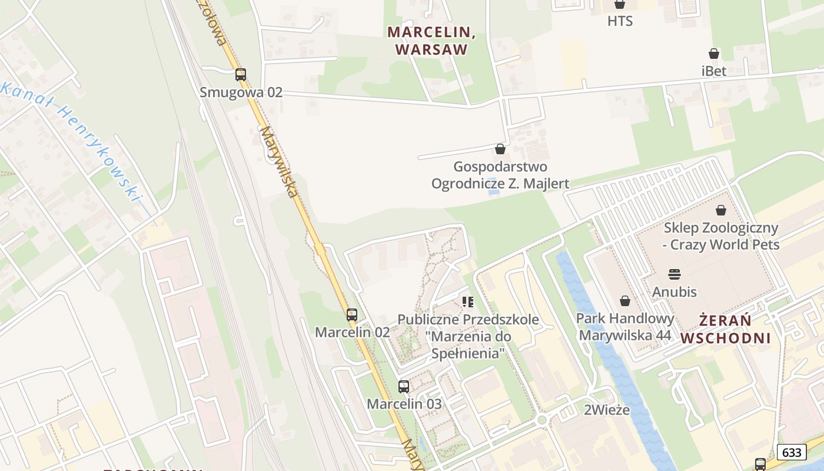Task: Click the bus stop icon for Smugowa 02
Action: tap(240, 75)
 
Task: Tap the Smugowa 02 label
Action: tap(241, 92)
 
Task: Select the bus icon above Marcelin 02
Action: tap(352, 315)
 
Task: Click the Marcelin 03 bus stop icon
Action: tap(404, 387)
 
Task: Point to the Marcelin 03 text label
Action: tap(404, 404)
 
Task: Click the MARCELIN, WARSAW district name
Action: tap(431, 41)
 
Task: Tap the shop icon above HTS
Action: tap(620, 5)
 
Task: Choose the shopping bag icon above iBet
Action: tap(714, 54)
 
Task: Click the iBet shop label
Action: tap(714, 71)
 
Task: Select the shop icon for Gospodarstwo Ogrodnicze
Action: tap(500, 149)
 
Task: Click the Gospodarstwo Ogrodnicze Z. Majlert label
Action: tap(500, 175)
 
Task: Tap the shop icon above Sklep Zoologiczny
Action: tap(721, 210)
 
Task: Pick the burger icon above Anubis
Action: tap(675, 274)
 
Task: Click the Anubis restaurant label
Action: tap(675, 291)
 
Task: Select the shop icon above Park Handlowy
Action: tap(625, 301)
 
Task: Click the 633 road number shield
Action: tap(792, 452)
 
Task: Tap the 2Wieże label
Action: tap(606, 410)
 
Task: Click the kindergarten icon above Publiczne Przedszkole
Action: tap(468, 303)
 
